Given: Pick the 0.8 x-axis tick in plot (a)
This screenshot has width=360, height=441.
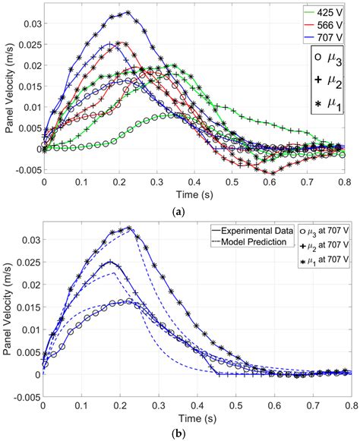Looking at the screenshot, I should pyautogui.click(x=346, y=183).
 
